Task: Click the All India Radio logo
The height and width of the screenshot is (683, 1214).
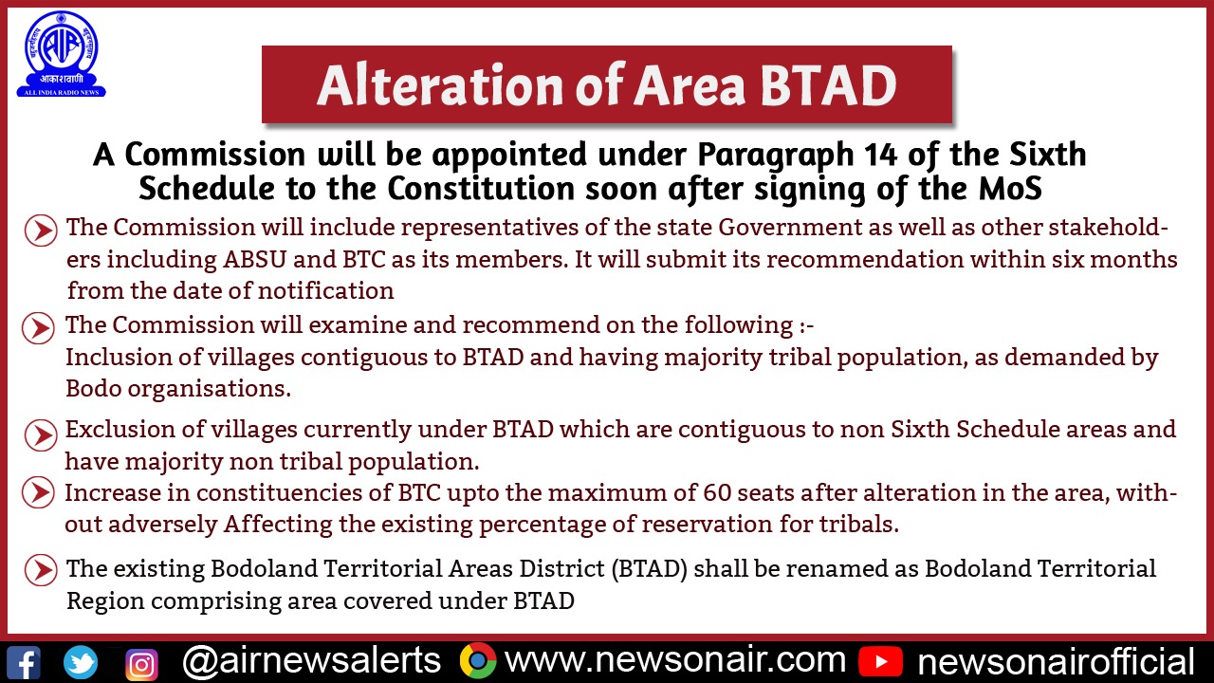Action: click(x=62, y=55)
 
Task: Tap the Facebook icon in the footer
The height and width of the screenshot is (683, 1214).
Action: click(x=23, y=662)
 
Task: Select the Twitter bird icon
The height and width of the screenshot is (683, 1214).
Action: click(x=81, y=662)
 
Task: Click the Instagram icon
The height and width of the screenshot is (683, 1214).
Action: click(x=141, y=664)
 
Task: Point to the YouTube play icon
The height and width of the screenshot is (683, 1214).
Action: click(x=880, y=662)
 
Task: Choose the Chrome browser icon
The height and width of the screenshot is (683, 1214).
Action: click(x=477, y=661)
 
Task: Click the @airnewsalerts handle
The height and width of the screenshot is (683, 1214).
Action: click(x=311, y=661)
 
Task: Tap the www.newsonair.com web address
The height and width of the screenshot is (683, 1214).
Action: click(x=674, y=660)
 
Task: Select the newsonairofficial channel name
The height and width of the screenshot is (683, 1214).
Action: click(x=1056, y=662)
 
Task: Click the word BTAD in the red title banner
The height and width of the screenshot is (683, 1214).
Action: click(x=829, y=85)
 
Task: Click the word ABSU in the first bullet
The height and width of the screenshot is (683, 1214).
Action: click(x=255, y=259)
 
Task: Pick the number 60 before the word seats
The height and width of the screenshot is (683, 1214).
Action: click(x=717, y=492)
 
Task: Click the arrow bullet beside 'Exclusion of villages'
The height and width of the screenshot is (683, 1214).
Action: click(x=41, y=435)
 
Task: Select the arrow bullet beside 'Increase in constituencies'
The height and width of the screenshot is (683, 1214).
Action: click(x=39, y=492)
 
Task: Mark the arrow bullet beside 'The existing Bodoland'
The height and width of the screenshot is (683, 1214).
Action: click(x=41, y=570)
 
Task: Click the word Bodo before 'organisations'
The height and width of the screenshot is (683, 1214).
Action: click(x=93, y=388)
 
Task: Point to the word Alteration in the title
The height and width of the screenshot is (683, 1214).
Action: click(x=440, y=85)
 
